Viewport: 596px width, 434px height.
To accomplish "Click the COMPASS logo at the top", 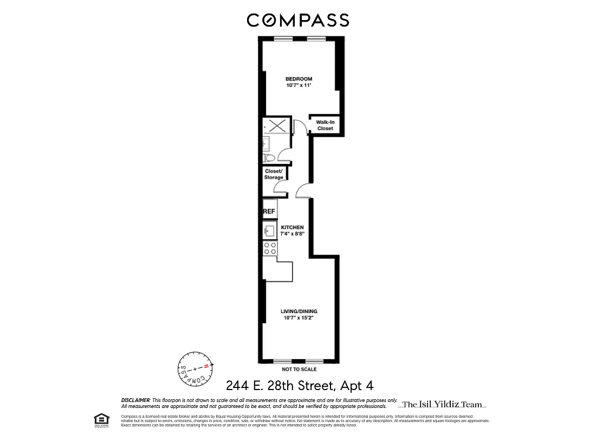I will pyautogui.click(x=298, y=20).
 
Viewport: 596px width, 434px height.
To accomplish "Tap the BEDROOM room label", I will pyautogui.click(x=299, y=79).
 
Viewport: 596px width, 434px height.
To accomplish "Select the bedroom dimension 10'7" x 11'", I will pyautogui.click(x=299, y=85).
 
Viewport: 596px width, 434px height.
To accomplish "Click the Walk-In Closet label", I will pyautogui.click(x=325, y=125).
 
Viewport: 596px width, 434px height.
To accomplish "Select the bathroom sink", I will pyautogui.click(x=266, y=143).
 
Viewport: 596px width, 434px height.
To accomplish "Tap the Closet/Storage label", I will pyautogui.click(x=274, y=174).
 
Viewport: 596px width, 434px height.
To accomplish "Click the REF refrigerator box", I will pyautogui.click(x=269, y=211).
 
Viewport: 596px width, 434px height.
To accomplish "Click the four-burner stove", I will pyautogui.click(x=270, y=248).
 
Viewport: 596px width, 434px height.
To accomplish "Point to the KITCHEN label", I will pyautogui.click(x=292, y=227).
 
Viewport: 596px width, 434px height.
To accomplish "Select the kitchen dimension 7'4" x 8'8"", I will pyautogui.click(x=292, y=234).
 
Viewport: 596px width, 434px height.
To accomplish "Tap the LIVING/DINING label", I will pyautogui.click(x=299, y=311).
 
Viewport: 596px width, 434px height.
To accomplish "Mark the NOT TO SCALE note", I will pyautogui.click(x=299, y=369).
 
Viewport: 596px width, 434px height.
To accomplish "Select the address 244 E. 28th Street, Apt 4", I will pyautogui.click(x=299, y=386).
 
